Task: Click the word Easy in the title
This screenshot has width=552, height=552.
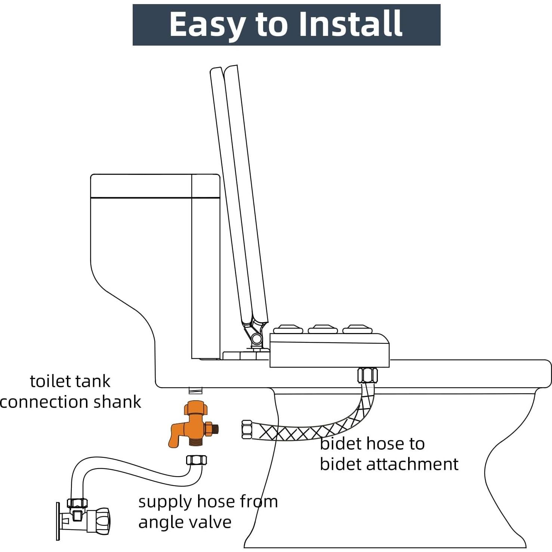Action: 208,25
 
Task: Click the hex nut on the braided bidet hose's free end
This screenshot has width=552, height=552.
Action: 247,429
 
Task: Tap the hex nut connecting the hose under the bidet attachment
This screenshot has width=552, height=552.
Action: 367,375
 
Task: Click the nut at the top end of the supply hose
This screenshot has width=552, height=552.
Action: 196,460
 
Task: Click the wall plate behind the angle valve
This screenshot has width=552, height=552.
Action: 58,521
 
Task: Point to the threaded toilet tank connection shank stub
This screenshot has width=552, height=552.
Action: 195,391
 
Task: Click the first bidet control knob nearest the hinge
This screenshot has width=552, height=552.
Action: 288,329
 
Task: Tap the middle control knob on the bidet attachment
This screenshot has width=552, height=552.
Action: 323,329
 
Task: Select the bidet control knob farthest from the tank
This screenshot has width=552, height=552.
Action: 357,329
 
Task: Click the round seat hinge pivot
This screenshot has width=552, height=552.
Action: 256,339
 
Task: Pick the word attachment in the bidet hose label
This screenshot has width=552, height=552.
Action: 412,464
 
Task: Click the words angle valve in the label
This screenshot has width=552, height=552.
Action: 185,522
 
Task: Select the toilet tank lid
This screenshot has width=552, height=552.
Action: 155,185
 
